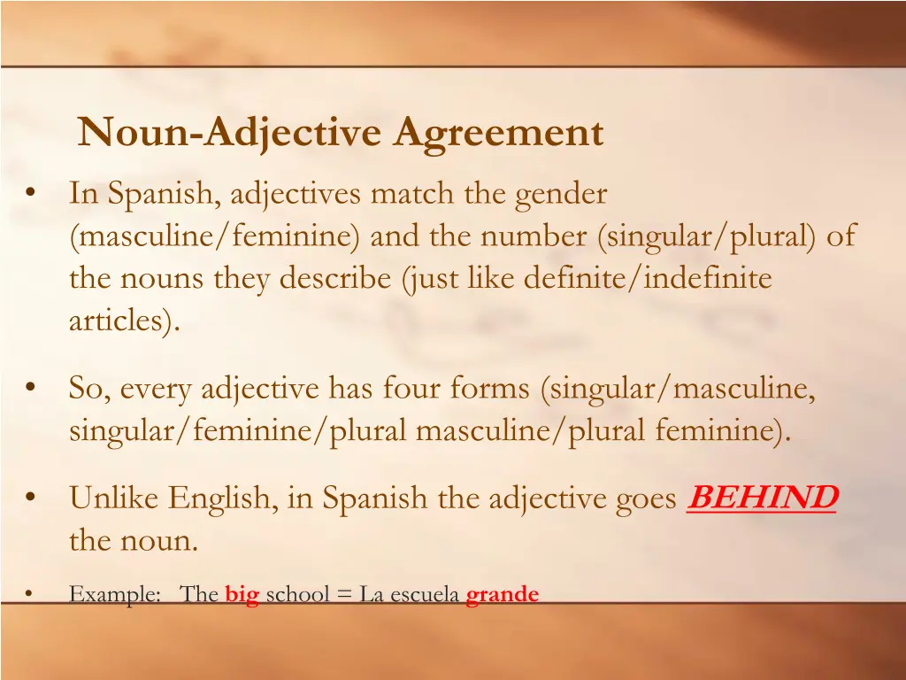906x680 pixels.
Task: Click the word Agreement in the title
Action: point(499,134)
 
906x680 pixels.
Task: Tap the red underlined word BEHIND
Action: point(762,498)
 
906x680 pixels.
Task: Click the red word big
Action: point(242,595)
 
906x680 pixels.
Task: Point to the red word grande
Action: point(502,595)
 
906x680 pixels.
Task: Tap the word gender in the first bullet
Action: point(562,193)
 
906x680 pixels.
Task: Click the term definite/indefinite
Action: point(648,279)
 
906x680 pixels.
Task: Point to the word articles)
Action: point(125,321)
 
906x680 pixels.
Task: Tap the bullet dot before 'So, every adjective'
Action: point(32,388)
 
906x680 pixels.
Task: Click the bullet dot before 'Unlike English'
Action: point(32,498)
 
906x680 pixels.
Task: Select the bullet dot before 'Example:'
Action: point(31,594)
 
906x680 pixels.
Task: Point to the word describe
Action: point(337,279)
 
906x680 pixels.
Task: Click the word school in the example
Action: point(297,595)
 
